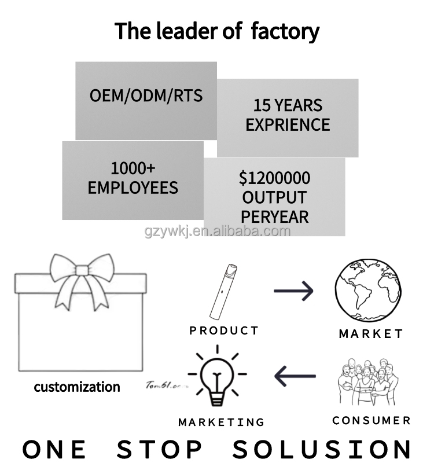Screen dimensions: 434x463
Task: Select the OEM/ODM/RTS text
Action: coord(146,95)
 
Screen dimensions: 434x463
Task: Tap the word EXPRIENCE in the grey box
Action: coord(288,125)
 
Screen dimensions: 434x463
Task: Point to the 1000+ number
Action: coord(133,168)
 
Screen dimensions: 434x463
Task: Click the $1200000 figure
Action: coord(274,178)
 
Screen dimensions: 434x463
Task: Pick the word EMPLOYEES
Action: coord(133,188)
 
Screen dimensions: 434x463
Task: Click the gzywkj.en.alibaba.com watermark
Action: coord(217,231)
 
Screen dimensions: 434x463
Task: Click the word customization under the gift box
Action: coord(77,387)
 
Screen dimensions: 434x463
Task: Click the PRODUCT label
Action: coord(224,330)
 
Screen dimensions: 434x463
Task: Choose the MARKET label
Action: coord(370,334)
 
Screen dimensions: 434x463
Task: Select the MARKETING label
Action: coord(221,422)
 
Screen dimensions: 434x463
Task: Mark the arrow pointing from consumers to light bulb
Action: coord(295,377)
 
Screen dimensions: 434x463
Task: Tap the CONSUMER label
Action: coord(372,420)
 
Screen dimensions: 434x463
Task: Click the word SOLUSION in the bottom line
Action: coord(323,449)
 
